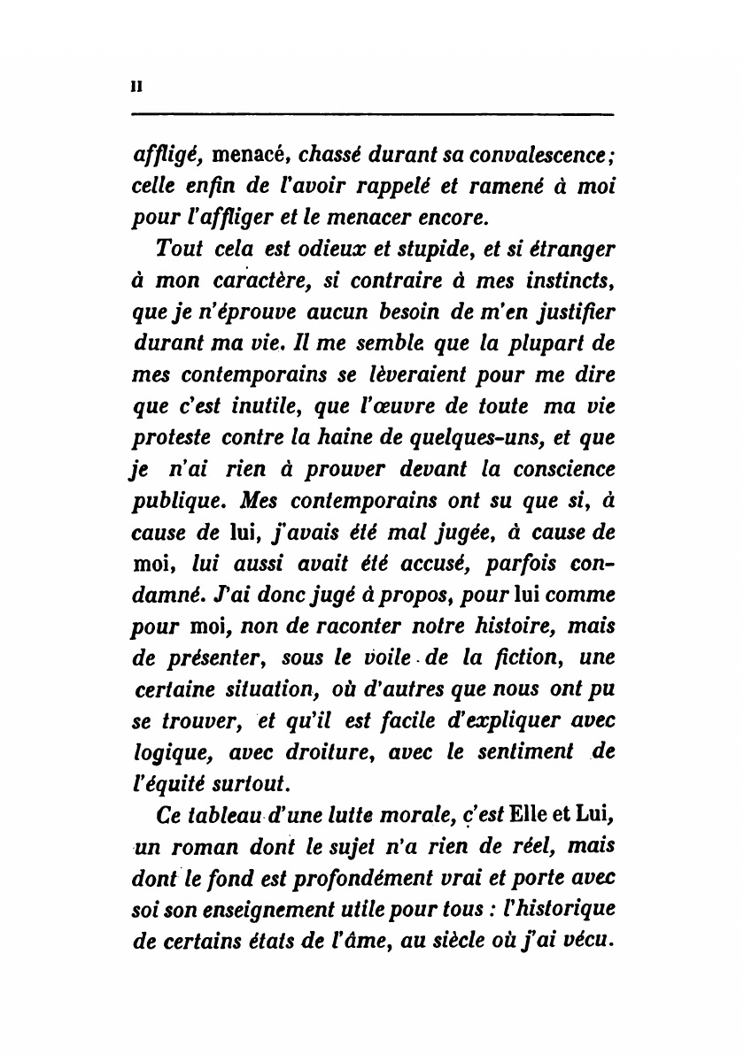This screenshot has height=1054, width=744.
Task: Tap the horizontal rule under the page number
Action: [x=372, y=114]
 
